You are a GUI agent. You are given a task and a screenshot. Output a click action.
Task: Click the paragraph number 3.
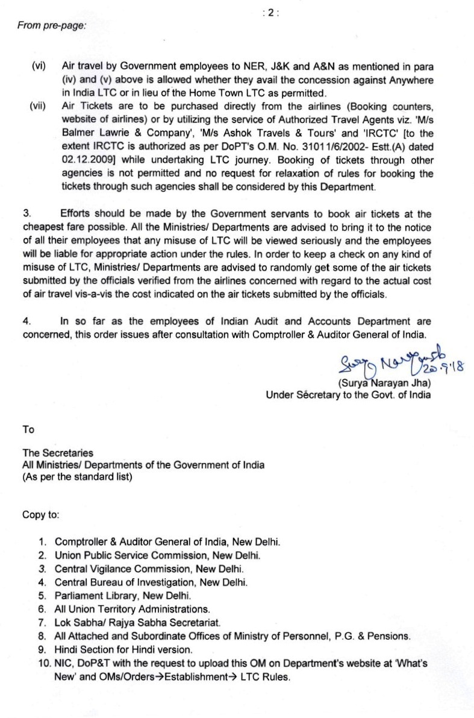pyautogui.click(x=27, y=213)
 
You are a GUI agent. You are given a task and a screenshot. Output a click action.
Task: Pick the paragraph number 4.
pyautogui.click(x=27, y=322)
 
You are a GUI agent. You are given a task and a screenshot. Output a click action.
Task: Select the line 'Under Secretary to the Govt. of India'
pyautogui.click(x=348, y=395)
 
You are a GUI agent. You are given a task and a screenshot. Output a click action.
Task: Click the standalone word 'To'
pyautogui.click(x=28, y=430)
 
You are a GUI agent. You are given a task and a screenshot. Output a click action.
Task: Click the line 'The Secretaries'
pyautogui.click(x=58, y=453)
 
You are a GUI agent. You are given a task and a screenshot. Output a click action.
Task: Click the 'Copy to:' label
pyautogui.click(x=41, y=515)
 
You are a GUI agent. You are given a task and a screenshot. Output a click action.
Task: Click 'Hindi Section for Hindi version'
pyautogui.click(x=123, y=649)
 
